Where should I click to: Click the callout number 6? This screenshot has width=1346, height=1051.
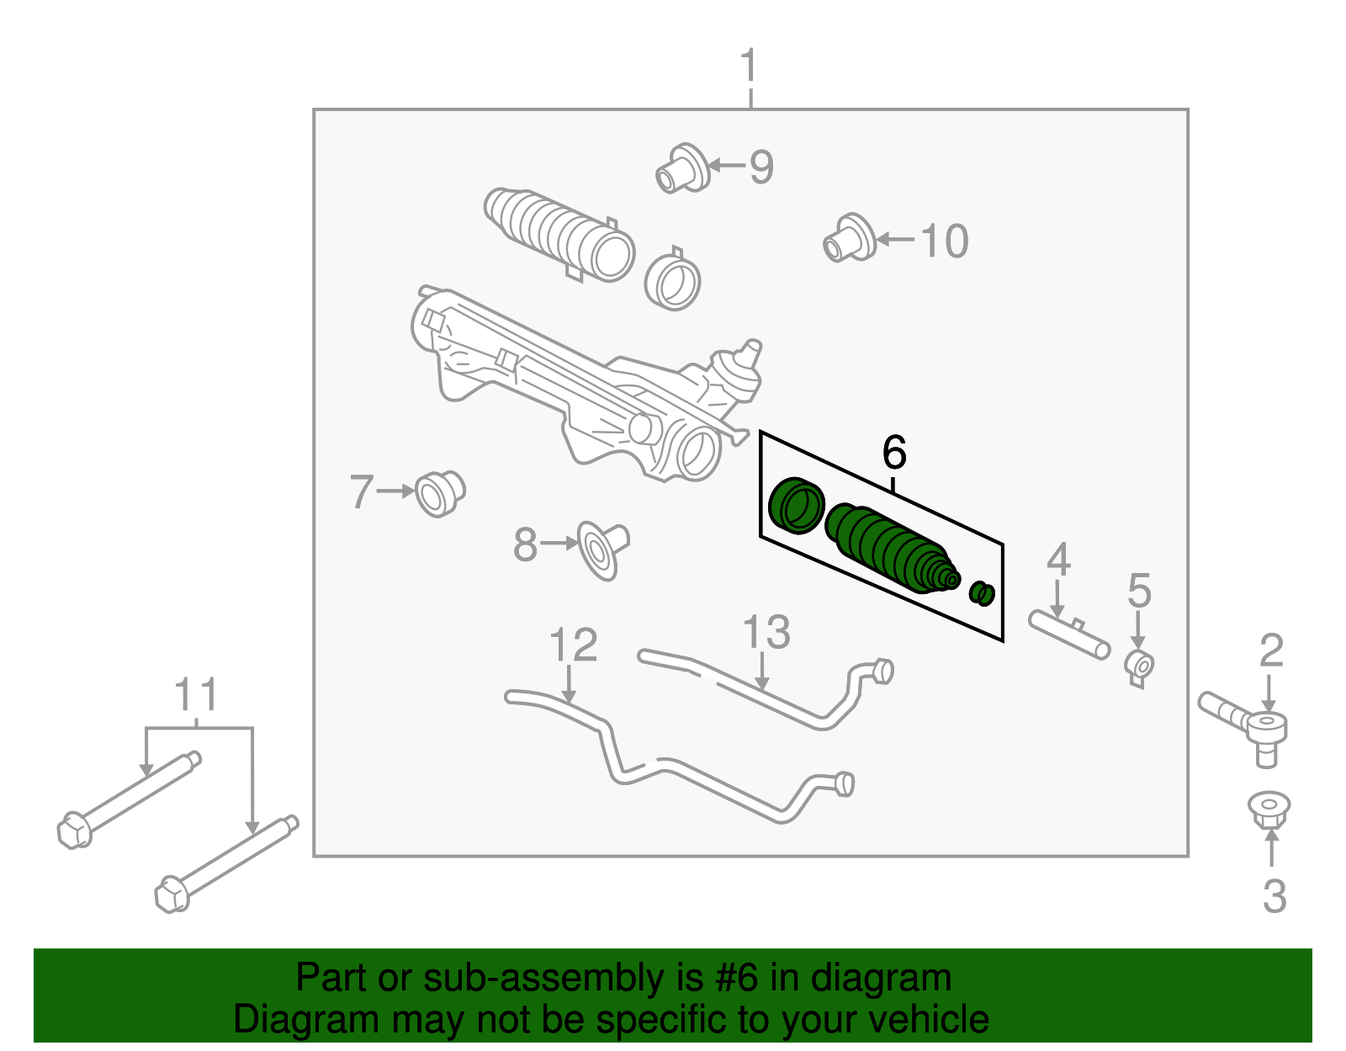[x=894, y=453]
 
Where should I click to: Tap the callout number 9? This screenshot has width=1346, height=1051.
[x=760, y=167]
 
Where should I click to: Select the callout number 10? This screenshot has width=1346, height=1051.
[x=945, y=242]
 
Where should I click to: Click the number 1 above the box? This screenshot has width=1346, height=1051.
[x=749, y=66]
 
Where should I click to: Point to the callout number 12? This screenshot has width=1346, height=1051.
[x=573, y=645]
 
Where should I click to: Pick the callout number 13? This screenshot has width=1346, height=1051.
[x=766, y=633]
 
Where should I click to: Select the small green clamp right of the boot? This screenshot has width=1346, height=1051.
[x=982, y=593]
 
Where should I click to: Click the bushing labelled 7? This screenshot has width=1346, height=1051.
[x=439, y=493]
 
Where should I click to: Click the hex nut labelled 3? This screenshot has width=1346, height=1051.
[x=1269, y=809]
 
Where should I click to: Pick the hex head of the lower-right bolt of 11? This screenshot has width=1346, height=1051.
[x=172, y=894]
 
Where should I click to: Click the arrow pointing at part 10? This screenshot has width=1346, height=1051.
[x=895, y=240]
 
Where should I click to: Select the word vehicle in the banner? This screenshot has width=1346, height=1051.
[x=928, y=1020]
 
